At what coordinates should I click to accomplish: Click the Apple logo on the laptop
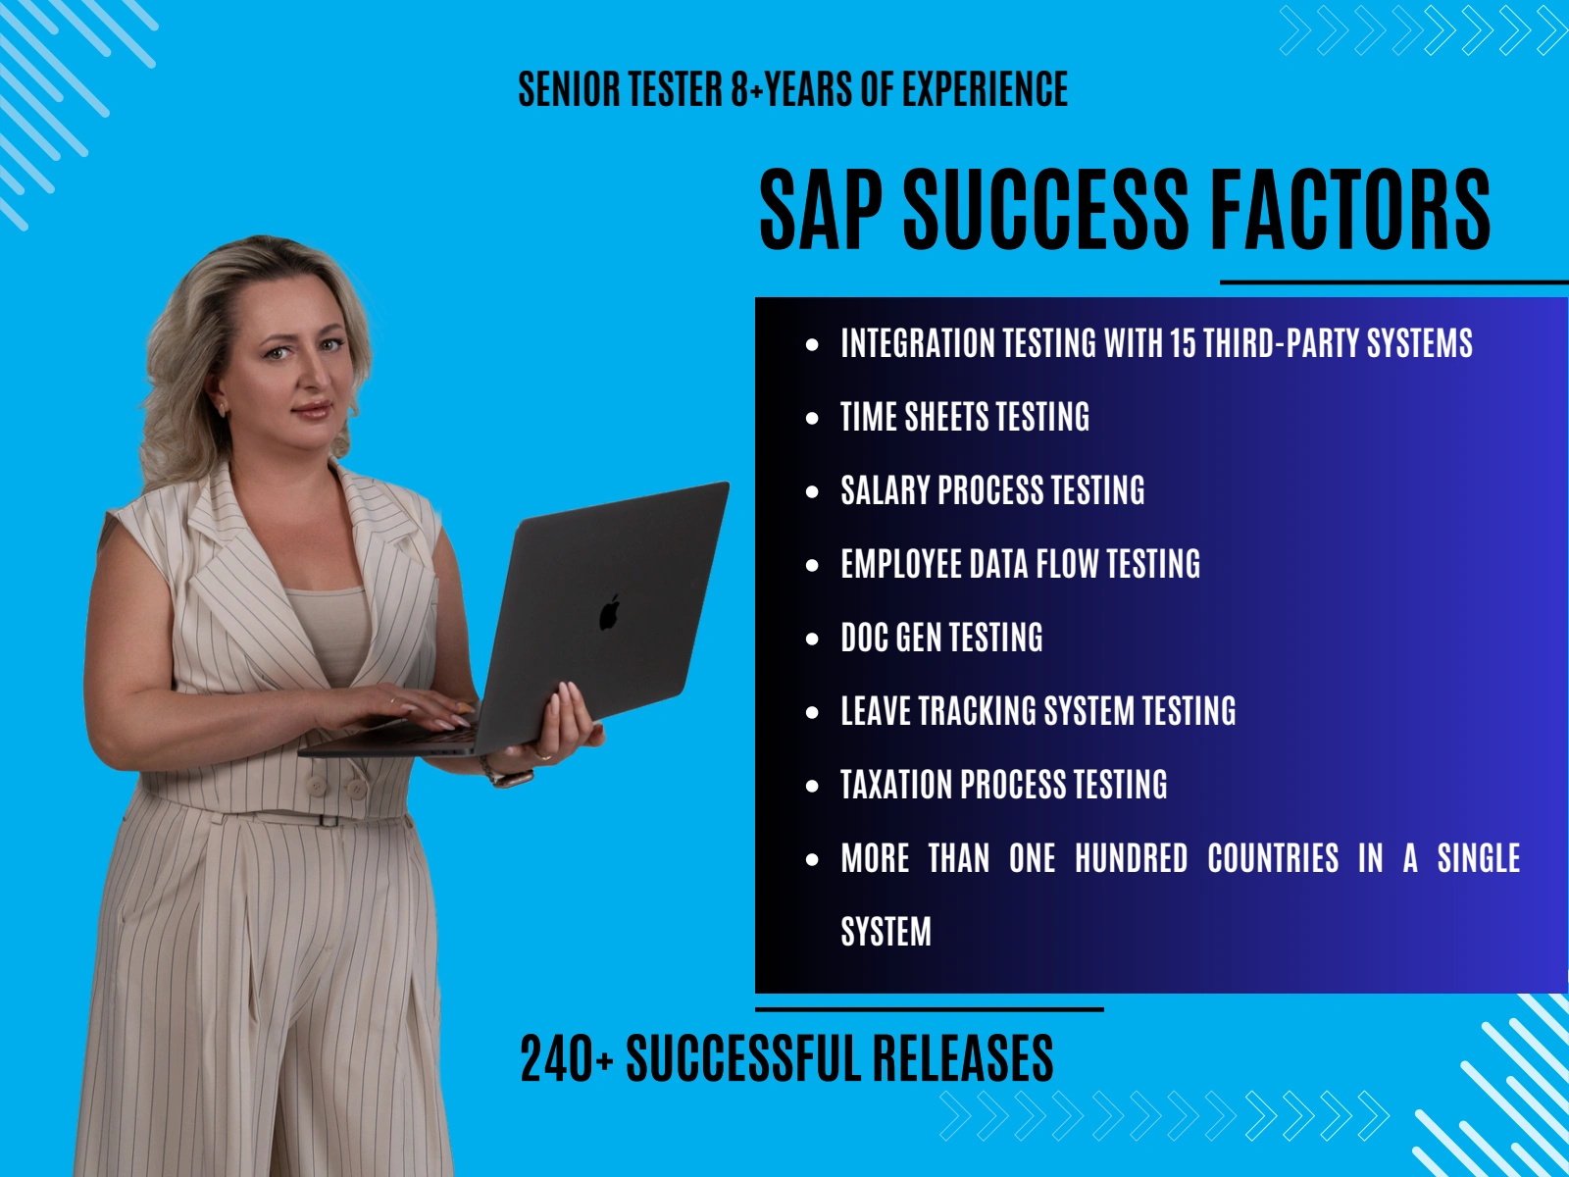pyautogui.click(x=609, y=612)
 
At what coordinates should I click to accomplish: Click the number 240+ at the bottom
pyautogui.click(x=566, y=1058)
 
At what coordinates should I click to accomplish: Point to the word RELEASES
pyautogui.click(x=963, y=1058)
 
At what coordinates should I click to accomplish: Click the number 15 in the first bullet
pyautogui.click(x=1183, y=343)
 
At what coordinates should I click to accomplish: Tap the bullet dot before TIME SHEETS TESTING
pyautogui.click(x=812, y=418)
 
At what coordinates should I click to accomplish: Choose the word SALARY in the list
pyautogui.click(x=884, y=490)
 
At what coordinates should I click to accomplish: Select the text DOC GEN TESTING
pyautogui.click(x=942, y=638)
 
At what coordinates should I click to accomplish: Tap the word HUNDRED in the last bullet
pyautogui.click(x=1132, y=858)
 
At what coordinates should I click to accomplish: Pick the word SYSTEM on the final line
pyautogui.click(x=886, y=932)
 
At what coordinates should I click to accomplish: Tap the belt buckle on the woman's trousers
pyautogui.click(x=329, y=820)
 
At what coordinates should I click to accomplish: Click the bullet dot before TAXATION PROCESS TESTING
pyautogui.click(x=812, y=786)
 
